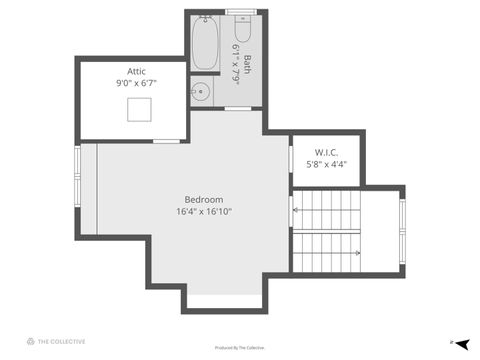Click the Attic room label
(x=136, y=71)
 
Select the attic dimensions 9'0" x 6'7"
(x=136, y=83)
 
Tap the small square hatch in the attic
(x=139, y=109)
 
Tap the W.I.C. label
(x=326, y=152)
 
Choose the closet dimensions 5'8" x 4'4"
(x=326, y=164)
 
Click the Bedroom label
(x=204, y=199)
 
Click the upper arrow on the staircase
(x=296, y=210)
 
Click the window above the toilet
(x=241, y=11)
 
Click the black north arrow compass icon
(x=463, y=342)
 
